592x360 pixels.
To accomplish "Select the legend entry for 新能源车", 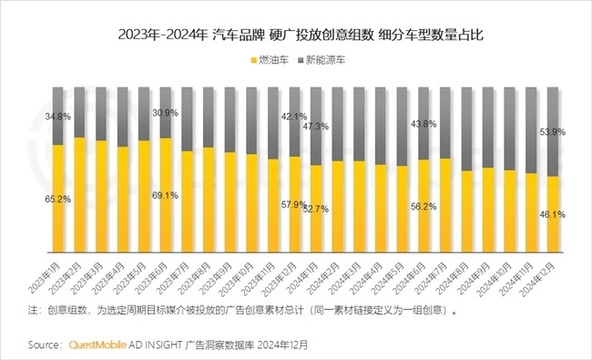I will [x=325, y=60].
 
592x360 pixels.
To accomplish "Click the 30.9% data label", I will [x=165, y=112].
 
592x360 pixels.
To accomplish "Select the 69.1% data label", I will [x=165, y=195].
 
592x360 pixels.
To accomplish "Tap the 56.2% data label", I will [x=424, y=206].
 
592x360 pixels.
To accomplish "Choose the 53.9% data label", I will [x=553, y=132].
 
